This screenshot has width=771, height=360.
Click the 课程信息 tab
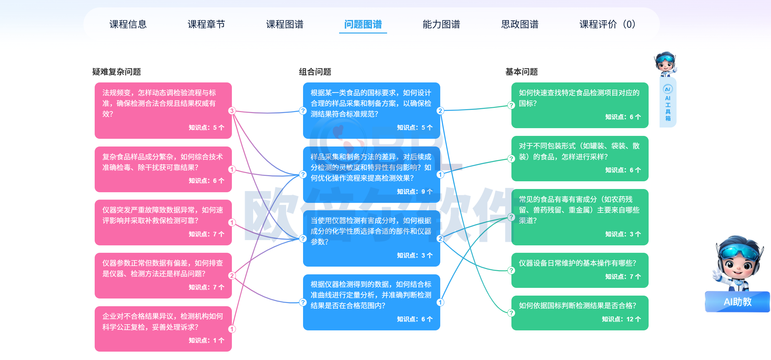click(128, 24)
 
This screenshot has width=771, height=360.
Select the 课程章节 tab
click(206, 24)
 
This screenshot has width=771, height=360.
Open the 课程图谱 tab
click(285, 24)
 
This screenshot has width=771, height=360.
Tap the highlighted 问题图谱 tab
click(363, 24)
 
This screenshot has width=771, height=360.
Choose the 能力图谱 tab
click(441, 24)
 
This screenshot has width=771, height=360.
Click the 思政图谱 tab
click(520, 24)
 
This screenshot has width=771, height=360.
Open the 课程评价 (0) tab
click(607, 24)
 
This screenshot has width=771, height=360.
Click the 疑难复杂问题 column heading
click(117, 71)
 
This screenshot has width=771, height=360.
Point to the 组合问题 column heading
click(315, 71)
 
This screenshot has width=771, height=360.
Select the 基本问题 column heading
click(521, 71)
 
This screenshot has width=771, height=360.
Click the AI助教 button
click(737, 302)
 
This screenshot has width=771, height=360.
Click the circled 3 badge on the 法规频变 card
click(232, 111)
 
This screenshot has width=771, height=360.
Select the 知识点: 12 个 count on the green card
click(621, 319)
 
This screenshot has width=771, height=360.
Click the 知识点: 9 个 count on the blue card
click(414, 192)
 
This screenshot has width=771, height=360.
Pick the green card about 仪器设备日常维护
click(580, 270)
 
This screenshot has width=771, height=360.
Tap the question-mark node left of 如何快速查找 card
click(511, 105)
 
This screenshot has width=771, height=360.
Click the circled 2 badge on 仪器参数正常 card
click(232, 276)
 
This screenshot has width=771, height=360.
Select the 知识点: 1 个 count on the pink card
click(206, 340)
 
